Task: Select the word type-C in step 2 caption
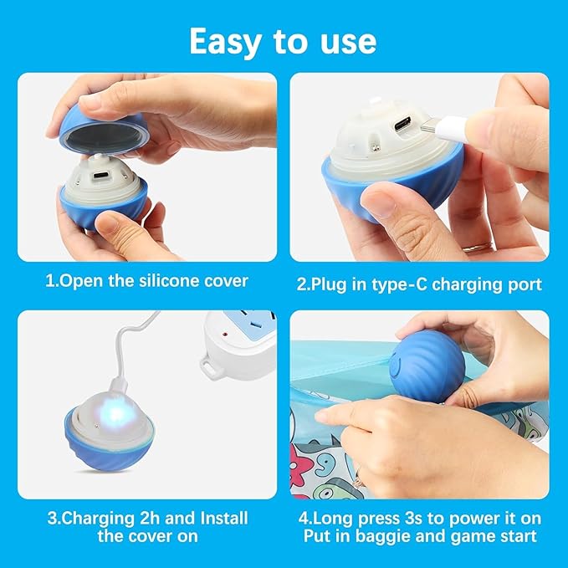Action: (391, 284)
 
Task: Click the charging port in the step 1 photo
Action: (98, 177)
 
